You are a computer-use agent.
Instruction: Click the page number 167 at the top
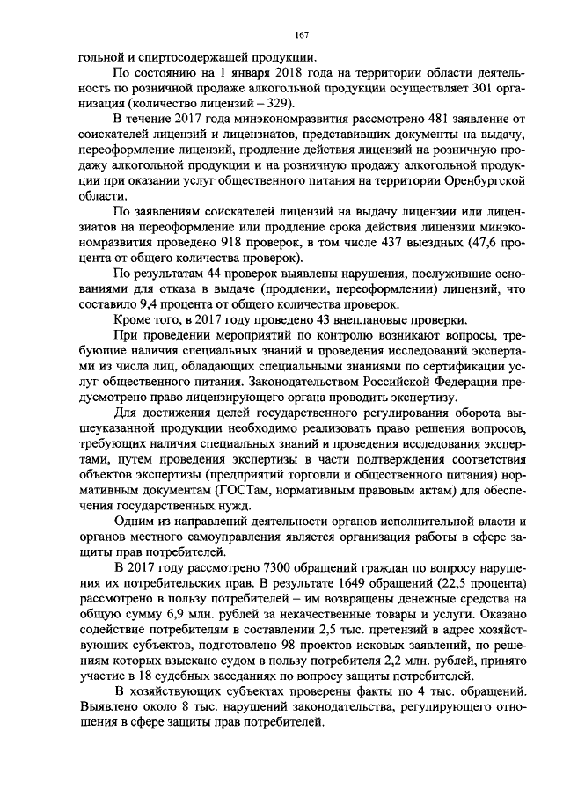(x=299, y=34)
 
